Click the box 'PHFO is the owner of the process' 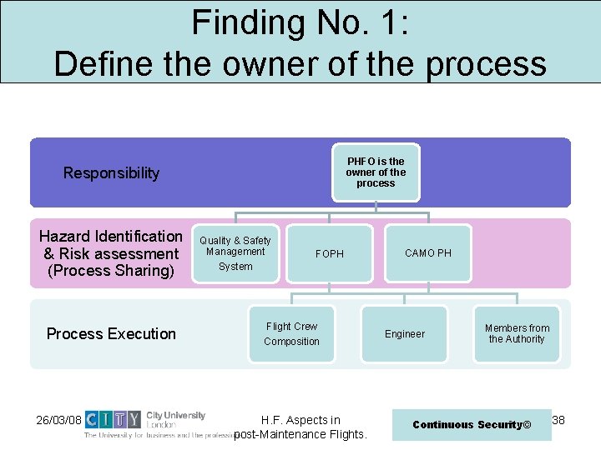tap(376, 172)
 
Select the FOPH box tap(330, 253)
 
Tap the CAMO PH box tap(428, 252)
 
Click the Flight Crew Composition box tap(291, 334)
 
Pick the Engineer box tap(405, 334)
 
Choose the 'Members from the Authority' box tap(517, 334)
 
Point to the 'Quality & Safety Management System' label tap(235, 253)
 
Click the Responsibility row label tap(111, 173)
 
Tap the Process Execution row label tap(111, 334)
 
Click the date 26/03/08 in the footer tap(59, 420)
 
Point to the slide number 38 tap(558, 420)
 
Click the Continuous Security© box tap(472, 425)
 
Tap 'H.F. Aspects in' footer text tap(300, 420)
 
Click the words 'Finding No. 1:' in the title tap(300, 22)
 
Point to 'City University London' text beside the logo tap(174, 419)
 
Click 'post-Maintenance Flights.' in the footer tap(300, 434)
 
